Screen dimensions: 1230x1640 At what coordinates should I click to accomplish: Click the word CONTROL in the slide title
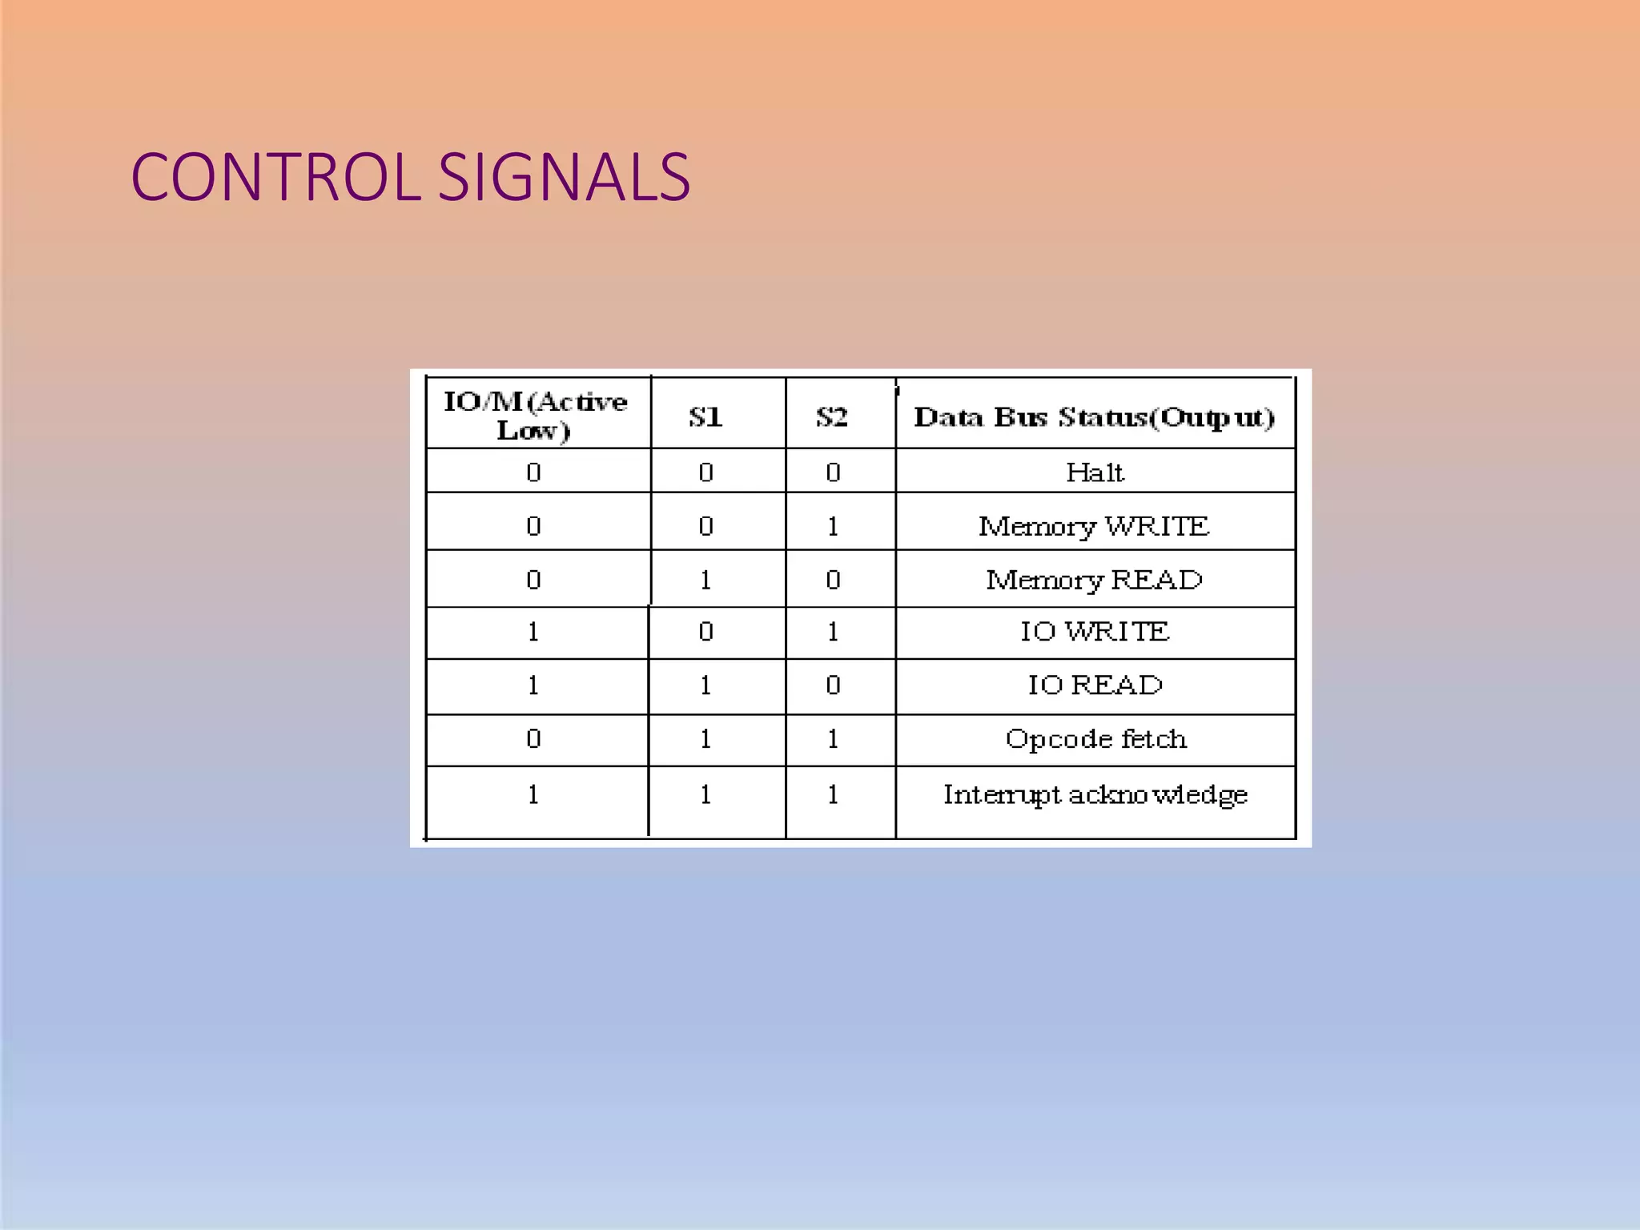275,178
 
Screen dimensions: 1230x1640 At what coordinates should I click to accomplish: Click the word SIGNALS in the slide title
564,178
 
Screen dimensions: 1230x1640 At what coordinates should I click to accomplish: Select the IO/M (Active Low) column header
535,416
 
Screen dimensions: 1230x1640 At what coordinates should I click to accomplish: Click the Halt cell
1095,472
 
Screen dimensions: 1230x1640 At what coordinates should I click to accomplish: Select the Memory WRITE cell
1094,526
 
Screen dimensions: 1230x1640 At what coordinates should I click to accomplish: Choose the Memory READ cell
1094,580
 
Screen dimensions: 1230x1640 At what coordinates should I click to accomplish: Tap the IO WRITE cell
1095,632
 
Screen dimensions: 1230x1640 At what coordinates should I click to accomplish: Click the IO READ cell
1095,685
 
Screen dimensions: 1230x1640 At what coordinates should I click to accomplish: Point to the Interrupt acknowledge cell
1095,795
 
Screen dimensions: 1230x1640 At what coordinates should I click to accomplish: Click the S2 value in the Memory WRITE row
833,526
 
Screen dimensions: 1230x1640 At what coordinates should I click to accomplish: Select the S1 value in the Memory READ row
705,580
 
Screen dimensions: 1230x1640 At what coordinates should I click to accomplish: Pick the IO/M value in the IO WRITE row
533,632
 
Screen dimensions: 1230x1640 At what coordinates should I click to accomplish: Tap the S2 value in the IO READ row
833,685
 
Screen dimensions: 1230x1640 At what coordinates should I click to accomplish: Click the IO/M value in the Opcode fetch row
533,739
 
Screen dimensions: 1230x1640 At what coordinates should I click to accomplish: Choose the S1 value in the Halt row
705,472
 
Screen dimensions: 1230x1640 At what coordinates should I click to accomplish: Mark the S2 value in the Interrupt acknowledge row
833,795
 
